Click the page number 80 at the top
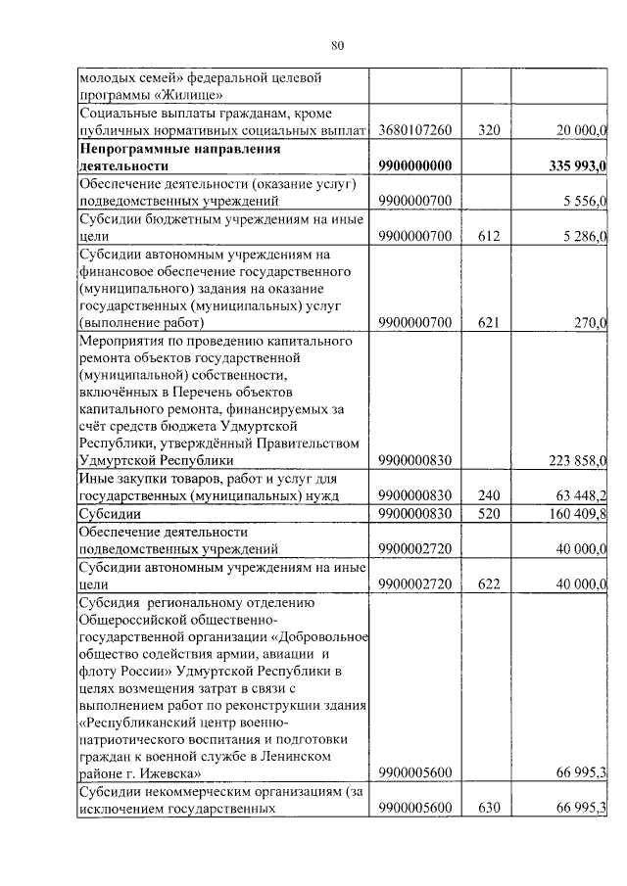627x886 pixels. coord(337,46)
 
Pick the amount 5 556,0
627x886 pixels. coord(586,202)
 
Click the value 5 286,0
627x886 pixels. coord(586,237)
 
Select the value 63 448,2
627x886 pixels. coord(582,495)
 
